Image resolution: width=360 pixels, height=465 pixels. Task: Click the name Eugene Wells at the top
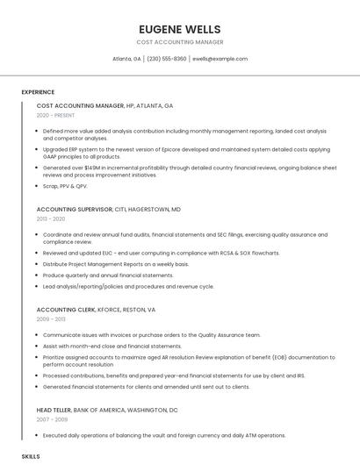pos(180,26)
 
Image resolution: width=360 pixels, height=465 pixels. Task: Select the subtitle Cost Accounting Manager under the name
pos(180,42)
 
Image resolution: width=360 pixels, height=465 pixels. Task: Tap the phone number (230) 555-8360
pos(167,59)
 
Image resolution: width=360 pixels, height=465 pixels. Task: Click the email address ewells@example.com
pos(220,59)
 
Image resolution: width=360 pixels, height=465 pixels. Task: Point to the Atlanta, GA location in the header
pos(126,59)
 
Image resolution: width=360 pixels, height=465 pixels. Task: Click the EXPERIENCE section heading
pos(38,92)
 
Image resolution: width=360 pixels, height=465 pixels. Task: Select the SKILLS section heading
pos(31,457)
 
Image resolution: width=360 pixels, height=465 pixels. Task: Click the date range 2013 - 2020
pos(51,218)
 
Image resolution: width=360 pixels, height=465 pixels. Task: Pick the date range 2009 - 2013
pos(51,319)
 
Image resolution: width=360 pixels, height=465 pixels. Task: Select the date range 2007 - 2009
pos(51,419)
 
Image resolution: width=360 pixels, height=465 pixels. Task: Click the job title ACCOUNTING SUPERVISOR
pos(75,210)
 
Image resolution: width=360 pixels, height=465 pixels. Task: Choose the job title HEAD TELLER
pos(54,410)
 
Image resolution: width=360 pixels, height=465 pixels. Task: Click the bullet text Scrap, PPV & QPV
pos(65,186)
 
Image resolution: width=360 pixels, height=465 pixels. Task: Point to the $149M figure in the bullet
pos(90,167)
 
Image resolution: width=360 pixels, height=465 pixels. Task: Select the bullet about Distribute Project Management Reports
pos(116,264)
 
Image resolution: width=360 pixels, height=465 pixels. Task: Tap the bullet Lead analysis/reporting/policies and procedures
pos(128,286)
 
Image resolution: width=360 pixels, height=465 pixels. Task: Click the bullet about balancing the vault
pos(164,435)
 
